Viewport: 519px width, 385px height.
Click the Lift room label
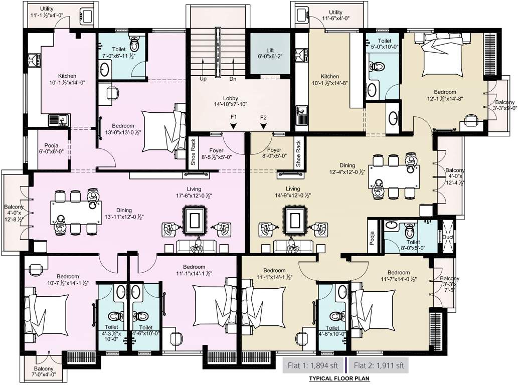tap(270, 53)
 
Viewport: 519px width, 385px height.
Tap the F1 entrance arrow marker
tap(234, 126)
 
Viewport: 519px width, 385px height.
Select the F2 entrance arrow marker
tap(263, 126)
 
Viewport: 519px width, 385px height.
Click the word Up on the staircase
tap(203, 79)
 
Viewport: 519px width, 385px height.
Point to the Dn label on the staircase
tap(233, 79)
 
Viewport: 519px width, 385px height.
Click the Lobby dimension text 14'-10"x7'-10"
tap(230, 104)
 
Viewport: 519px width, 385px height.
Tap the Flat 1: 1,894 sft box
tap(313, 365)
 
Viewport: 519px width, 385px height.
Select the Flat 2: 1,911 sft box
tap(379, 365)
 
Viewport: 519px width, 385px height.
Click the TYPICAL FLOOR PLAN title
tap(339, 378)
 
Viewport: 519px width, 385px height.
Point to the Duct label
tap(447, 237)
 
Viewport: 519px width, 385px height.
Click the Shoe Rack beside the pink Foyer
tap(193, 152)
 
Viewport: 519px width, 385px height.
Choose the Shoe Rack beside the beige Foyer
tap(298, 153)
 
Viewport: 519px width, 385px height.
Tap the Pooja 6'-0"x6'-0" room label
tap(51, 148)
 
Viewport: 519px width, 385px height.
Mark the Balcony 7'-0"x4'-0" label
tap(44, 371)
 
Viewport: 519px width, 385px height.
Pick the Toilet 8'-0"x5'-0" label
tap(413, 245)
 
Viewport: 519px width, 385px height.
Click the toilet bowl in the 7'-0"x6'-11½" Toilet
tap(135, 42)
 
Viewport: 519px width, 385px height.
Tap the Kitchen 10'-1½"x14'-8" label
tap(329, 79)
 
